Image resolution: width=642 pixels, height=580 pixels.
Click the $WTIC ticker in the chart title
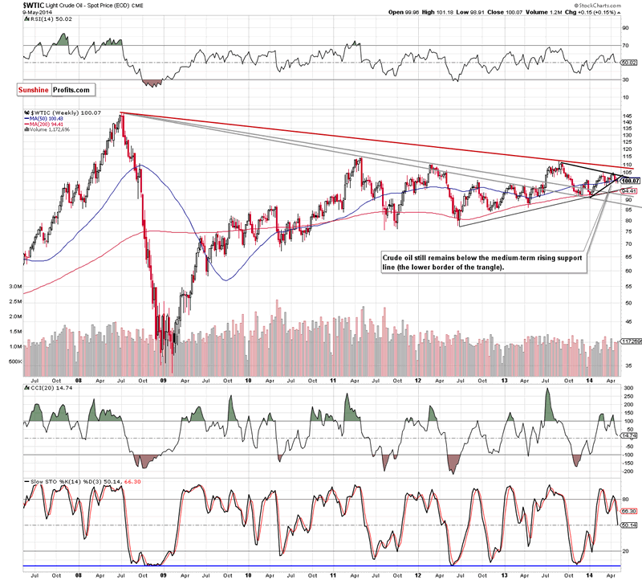[x=15, y=4]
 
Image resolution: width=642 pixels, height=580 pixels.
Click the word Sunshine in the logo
[x=35, y=89]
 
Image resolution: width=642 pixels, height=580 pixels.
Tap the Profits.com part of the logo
[x=72, y=89]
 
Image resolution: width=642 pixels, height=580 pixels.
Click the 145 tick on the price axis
[x=625, y=116]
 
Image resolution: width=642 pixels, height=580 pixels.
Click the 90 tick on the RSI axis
[x=624, y=28]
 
